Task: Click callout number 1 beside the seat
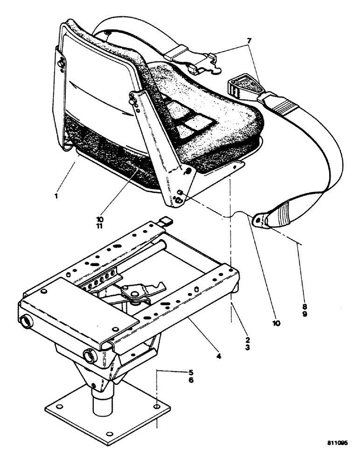point(56,196)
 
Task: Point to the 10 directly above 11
point(101,218)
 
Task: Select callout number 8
point(304,306)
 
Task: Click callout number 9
point(304,315)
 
